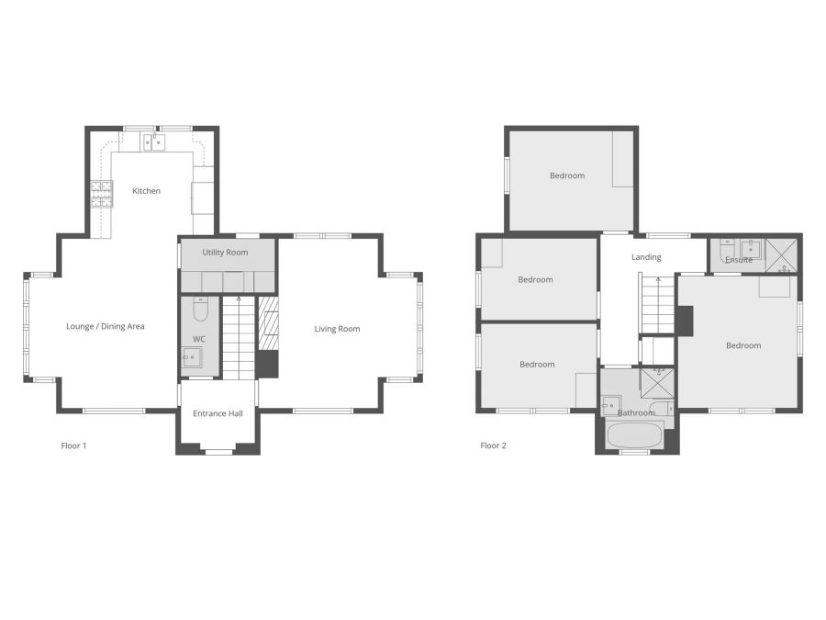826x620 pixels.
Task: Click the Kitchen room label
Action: tap(146, 191)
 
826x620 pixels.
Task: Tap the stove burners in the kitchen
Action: tap(100, 193)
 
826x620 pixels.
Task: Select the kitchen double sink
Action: tap(152, 141)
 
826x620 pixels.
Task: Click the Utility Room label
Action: tap(225, 252)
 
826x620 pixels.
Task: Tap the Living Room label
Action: tap(337, 329)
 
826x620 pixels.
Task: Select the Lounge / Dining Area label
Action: tap(105, 326)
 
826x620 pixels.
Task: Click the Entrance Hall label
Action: tap(218, 413)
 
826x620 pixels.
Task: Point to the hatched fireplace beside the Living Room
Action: tap(268, 325)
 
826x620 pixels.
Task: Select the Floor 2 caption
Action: tap(493, 446)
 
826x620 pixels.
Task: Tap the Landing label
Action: tap(646, 257)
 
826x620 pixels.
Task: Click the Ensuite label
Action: tap(739, 260)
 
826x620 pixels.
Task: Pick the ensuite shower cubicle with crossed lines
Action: tap(780, 254)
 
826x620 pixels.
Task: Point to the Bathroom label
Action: tap(635, 413)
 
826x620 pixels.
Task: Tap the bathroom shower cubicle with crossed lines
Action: tap(657, 382)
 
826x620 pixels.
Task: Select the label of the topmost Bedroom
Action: tap(566, 175)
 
